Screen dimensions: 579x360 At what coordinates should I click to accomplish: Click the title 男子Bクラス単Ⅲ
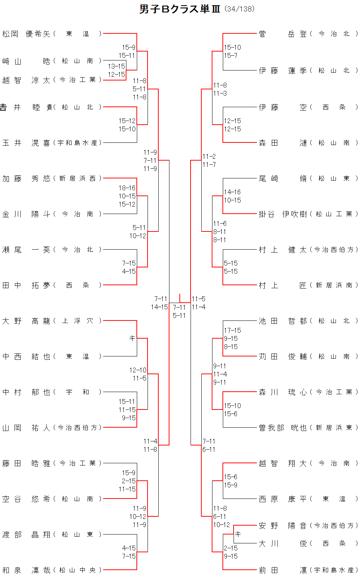click(x=179, y=9)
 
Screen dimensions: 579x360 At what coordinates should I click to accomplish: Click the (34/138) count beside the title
click(x=240, y=9)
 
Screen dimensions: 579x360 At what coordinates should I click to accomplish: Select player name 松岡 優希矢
click(x=26, y=34)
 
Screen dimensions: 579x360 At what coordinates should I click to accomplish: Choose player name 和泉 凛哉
click(x=26, y=570)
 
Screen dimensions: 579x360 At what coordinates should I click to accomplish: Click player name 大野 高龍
click(x=26, y=321)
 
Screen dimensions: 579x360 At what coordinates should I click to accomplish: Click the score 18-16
click(x=127, y=188)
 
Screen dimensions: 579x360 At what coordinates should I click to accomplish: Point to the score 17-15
click(x=232, y=330)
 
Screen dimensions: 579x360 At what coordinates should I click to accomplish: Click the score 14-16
click(x=232, y=192)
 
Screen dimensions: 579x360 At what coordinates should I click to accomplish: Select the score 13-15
click(x=116, y=66)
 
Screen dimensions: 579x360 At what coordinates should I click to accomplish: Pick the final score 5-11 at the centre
click(x=179, y=315)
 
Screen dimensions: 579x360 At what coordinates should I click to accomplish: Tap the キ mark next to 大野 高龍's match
click(x=132, y=338)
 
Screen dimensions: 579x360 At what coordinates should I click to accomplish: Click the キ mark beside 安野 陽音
click(x=238, y=534)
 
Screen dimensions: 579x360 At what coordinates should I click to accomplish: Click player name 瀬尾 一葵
click(x=26, y=250)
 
